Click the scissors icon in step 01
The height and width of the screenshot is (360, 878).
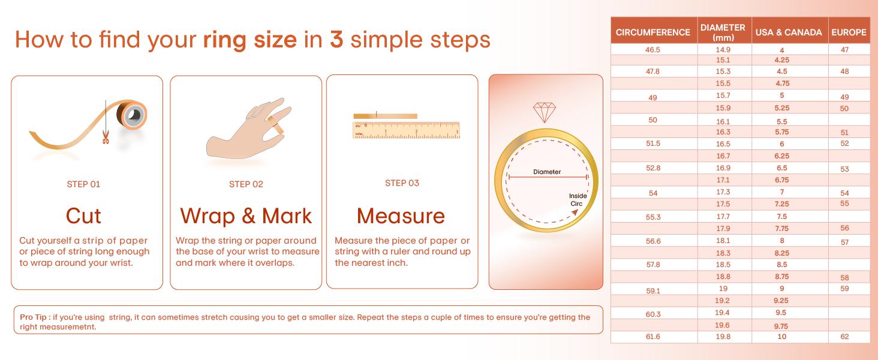pyautogui.click(x=106, y=137)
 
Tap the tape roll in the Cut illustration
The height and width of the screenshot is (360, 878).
pyautogui.click(x=132, y=115)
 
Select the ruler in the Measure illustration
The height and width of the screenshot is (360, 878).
pyautogui.click(x=406, y=130)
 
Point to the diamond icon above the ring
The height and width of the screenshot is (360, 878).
pyautogui.click(x=545, y=113)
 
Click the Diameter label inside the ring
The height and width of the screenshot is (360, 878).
pyautogui.click(x=547, y=172)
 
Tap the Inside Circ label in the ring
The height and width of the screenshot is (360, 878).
pyautogui.click(x=578, y=200)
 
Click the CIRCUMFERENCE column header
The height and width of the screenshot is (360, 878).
pyautogui.click(x=653, y=32)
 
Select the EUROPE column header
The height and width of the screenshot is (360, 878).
pyautogui.click(x=849, y=32)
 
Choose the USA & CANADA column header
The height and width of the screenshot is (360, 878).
pyautogui.click(x=789, y=32)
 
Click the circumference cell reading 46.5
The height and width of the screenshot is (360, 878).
pyautogui.click(x=653, y=50)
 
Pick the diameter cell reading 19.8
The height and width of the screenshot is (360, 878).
pyautogui.click(x=723, y=337)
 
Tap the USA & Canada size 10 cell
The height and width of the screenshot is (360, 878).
pyautogui.click(x=781, y=337)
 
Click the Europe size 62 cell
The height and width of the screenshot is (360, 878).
pyautogui.click(x=844, y=337)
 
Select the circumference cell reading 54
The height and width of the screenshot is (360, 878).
pyautogui.click(x=653, y=193)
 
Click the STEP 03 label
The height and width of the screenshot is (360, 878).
pyautogui.click(x=402, y=183)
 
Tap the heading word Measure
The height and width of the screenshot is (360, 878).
pyautogui.click(x=401, y=216)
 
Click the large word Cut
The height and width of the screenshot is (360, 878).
pyautogui.click(x=83, y=216)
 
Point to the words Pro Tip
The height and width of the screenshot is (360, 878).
pyautogui.click(x=34, y=317)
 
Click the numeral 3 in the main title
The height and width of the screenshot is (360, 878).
pyautogui.click(x=336, y=40)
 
